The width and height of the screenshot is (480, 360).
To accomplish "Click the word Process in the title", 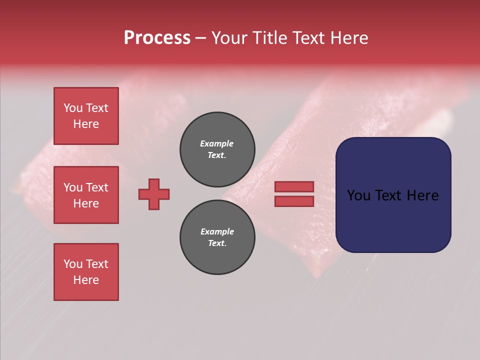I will [x=157, y=38].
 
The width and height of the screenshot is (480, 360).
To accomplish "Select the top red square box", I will [x=86, y=116].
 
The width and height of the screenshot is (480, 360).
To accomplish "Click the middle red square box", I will [x=86, y=195].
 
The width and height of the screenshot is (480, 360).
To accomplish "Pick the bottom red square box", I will [x=86, y=272].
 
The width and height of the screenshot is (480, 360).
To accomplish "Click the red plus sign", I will [x=154, y=194].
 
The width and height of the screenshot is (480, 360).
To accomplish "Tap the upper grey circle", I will [x=217, y=149].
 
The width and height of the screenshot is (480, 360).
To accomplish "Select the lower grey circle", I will [x=217, y=237].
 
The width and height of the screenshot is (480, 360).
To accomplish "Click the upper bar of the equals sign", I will [x=294, y=186].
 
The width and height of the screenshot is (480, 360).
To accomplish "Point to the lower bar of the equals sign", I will [x=294, y=201].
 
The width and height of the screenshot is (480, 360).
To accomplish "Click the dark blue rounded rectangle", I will [x=393, y=220].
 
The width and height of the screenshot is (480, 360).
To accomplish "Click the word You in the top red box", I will [x=73, y=108].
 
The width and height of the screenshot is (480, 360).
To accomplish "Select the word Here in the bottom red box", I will [x=86, y=280].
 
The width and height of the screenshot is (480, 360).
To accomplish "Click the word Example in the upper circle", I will [x=217, y=143].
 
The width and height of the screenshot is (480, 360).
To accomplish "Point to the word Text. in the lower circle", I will [x=217, y=243].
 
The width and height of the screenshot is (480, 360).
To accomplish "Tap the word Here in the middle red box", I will [x=86, y=203].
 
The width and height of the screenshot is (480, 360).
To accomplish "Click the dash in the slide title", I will [x=200, y=38].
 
